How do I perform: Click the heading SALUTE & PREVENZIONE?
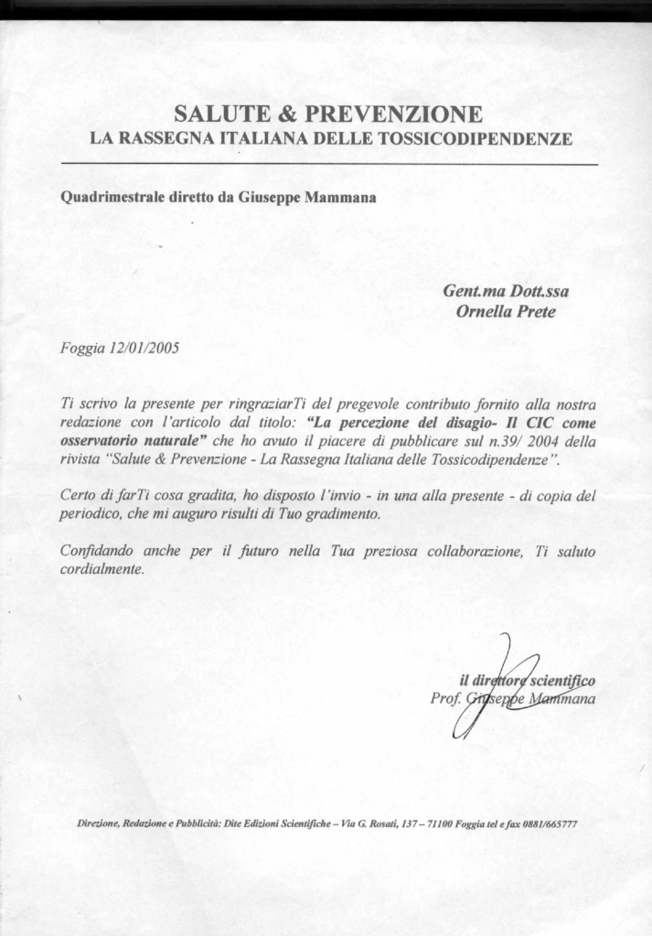pyautogui.click(x=327, y=114)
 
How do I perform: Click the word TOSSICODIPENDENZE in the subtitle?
pyautogui.click(x=493, y=139)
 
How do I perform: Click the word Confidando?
pyautogui.click(x=94, y=552)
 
